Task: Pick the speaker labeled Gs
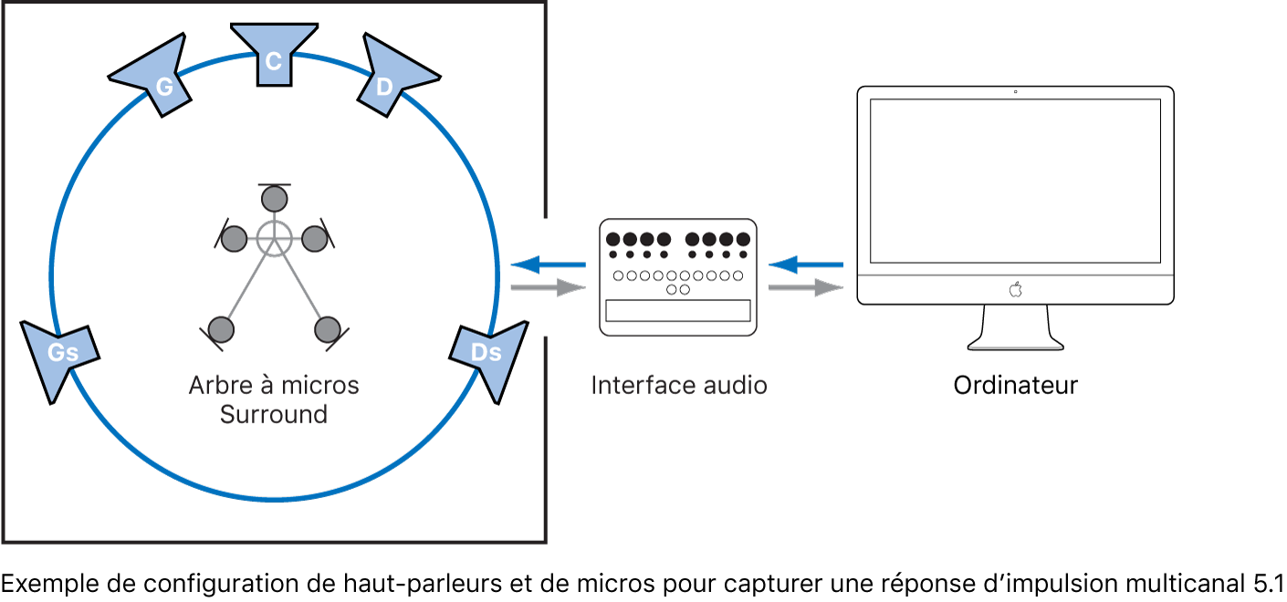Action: (x=60, y=357)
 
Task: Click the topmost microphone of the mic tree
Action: (x=273, y=198)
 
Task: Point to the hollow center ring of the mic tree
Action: (x=272, y=238)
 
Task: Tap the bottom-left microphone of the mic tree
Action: (x=221, y=328)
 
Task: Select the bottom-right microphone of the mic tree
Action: (x=327, y=328)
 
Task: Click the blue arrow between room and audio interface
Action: (x=549, y=265)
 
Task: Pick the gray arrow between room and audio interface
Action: (x=549, y=288)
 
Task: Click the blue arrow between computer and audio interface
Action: (x=806, y=265)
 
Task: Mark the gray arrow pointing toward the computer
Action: (x=806, y=288)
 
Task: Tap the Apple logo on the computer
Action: (x=1015, y=289)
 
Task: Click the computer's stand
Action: (x=1015, y=328)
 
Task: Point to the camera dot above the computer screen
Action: (x=1015, y=92)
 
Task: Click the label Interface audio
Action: (x=679, y=385)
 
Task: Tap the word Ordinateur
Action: (x=1015, y=385)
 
